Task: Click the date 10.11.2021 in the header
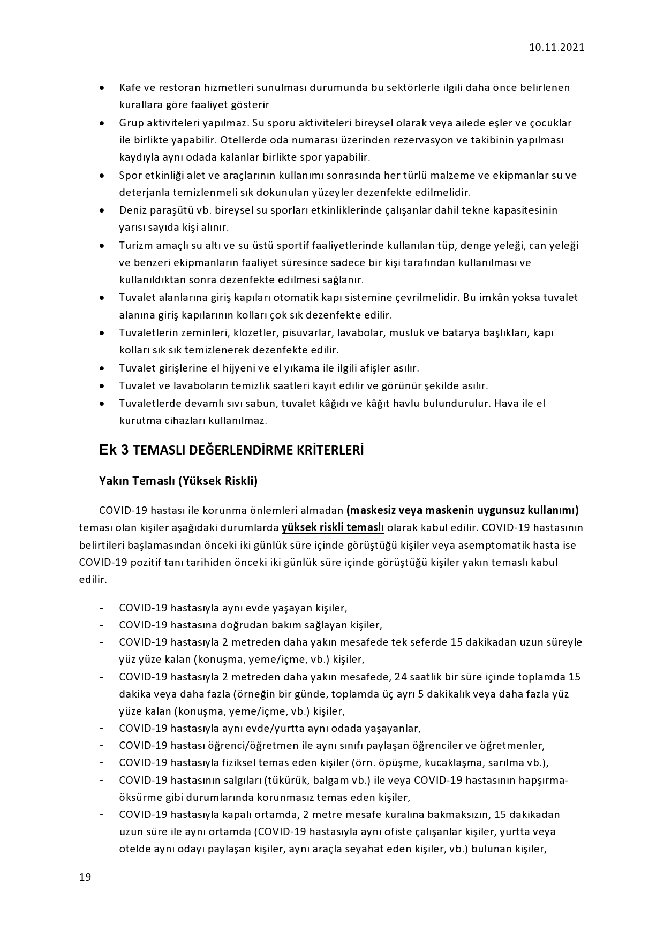pyautogui.click(x=556, y=47)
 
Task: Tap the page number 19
pyautogui.click(x=85, y=877)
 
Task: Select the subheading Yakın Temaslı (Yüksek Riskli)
pyautogui.click(x=178, y=481)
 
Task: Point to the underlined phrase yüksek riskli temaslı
pyautogui.click(x=333, y=527)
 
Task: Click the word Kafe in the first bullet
pyautogui.click(x=129, y=87)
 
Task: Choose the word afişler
pyautogui.click(x=376, y=368)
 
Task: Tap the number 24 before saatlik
pyautogui.click(x=401, y=677)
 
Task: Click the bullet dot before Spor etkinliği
pyautogui.click(x=102, y=176)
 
